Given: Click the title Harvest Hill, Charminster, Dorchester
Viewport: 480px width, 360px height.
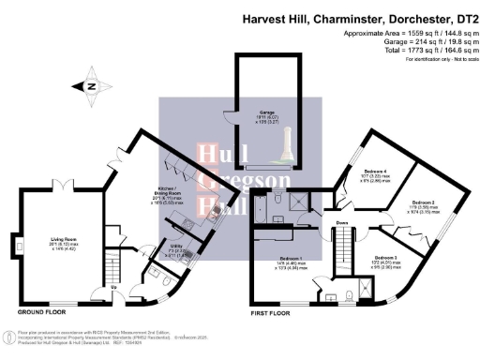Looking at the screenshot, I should point(360,16).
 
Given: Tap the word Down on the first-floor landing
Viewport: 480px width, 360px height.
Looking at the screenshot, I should point(343,223).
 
